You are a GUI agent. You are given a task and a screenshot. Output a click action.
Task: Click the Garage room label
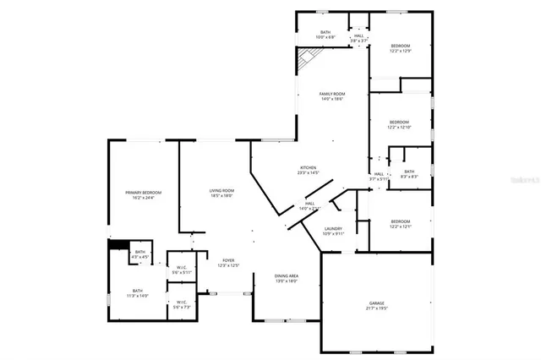tap(376, 305)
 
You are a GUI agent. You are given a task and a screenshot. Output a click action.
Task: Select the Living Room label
tap(221, 194)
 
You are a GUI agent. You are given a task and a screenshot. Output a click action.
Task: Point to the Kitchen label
tap(308, 170)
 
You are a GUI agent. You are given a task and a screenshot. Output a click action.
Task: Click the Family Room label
tap(332, 95)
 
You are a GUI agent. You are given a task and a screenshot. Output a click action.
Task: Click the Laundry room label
tap(333, 231)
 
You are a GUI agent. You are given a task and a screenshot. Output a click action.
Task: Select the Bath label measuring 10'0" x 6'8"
tap(325, 35)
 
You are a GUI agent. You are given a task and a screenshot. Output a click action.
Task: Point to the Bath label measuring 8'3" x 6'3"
tap(409, 173)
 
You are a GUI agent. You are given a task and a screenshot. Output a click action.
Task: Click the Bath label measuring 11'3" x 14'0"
tap(137, 293)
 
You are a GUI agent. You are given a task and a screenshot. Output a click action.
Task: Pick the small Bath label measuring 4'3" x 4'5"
tap(140, 254)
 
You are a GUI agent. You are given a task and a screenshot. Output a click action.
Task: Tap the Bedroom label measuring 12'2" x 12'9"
tap(400, 48)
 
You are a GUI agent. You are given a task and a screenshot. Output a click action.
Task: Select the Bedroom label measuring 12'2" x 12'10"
tap(399, 125)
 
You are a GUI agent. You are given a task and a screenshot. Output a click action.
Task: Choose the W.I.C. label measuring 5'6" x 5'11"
tap(182, 270)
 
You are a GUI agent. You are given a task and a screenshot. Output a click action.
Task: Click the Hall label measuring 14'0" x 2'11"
tap(310, 205)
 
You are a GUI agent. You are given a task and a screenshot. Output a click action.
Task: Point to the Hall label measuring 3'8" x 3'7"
tap(358, 37)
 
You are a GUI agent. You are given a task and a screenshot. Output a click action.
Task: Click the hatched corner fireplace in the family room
tap(306, 59)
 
